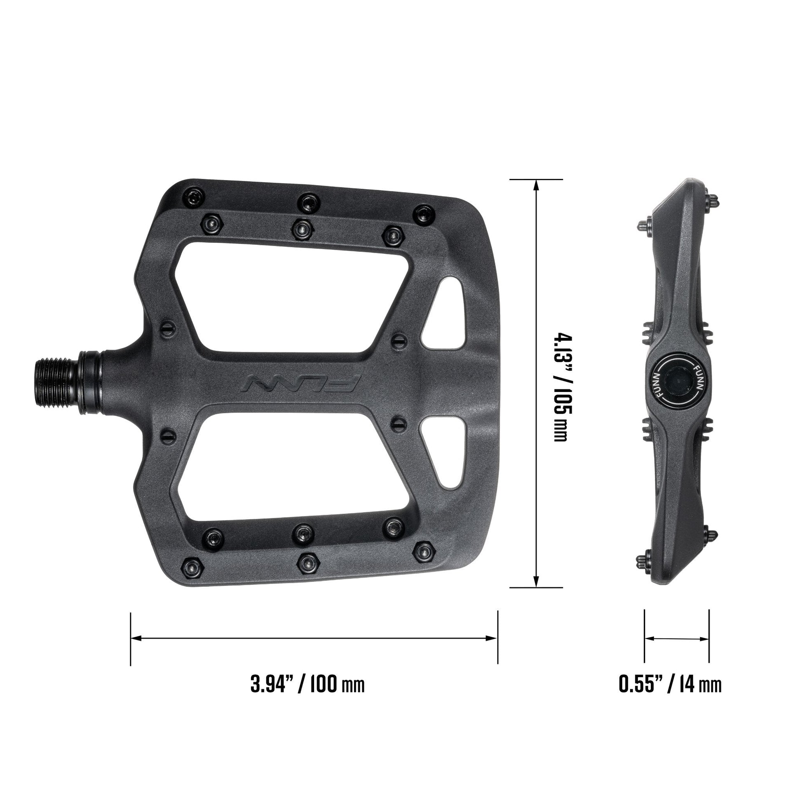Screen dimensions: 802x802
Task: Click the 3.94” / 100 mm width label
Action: [x=307, y=683]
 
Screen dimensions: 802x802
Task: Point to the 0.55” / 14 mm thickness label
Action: [x=670, y=683]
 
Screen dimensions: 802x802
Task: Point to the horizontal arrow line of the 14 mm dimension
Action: [x=677, y=638]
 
